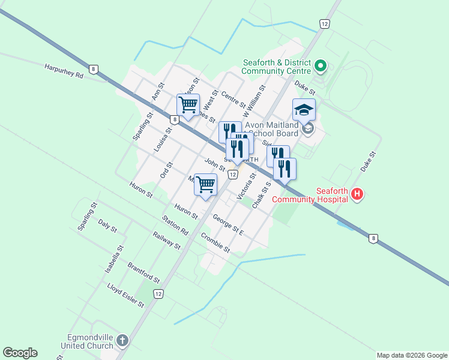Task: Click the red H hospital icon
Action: pos(357,194)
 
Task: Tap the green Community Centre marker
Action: pos(321,65)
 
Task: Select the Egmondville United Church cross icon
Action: pos(122,341)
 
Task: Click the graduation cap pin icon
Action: pos(304,110)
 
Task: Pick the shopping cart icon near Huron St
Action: pos(205,184)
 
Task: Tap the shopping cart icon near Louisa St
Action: pos(188,106)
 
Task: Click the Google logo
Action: pos(20,353)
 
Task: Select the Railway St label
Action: pos(166,240)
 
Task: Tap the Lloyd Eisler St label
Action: pos(125,296)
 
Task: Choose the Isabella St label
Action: pos(114,259)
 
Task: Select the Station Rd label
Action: pos(175,226)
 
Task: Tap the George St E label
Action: pos(228,226)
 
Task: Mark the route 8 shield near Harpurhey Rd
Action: pos(94,69)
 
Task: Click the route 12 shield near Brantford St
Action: pos(158,293)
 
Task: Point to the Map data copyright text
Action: pos(411,355)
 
